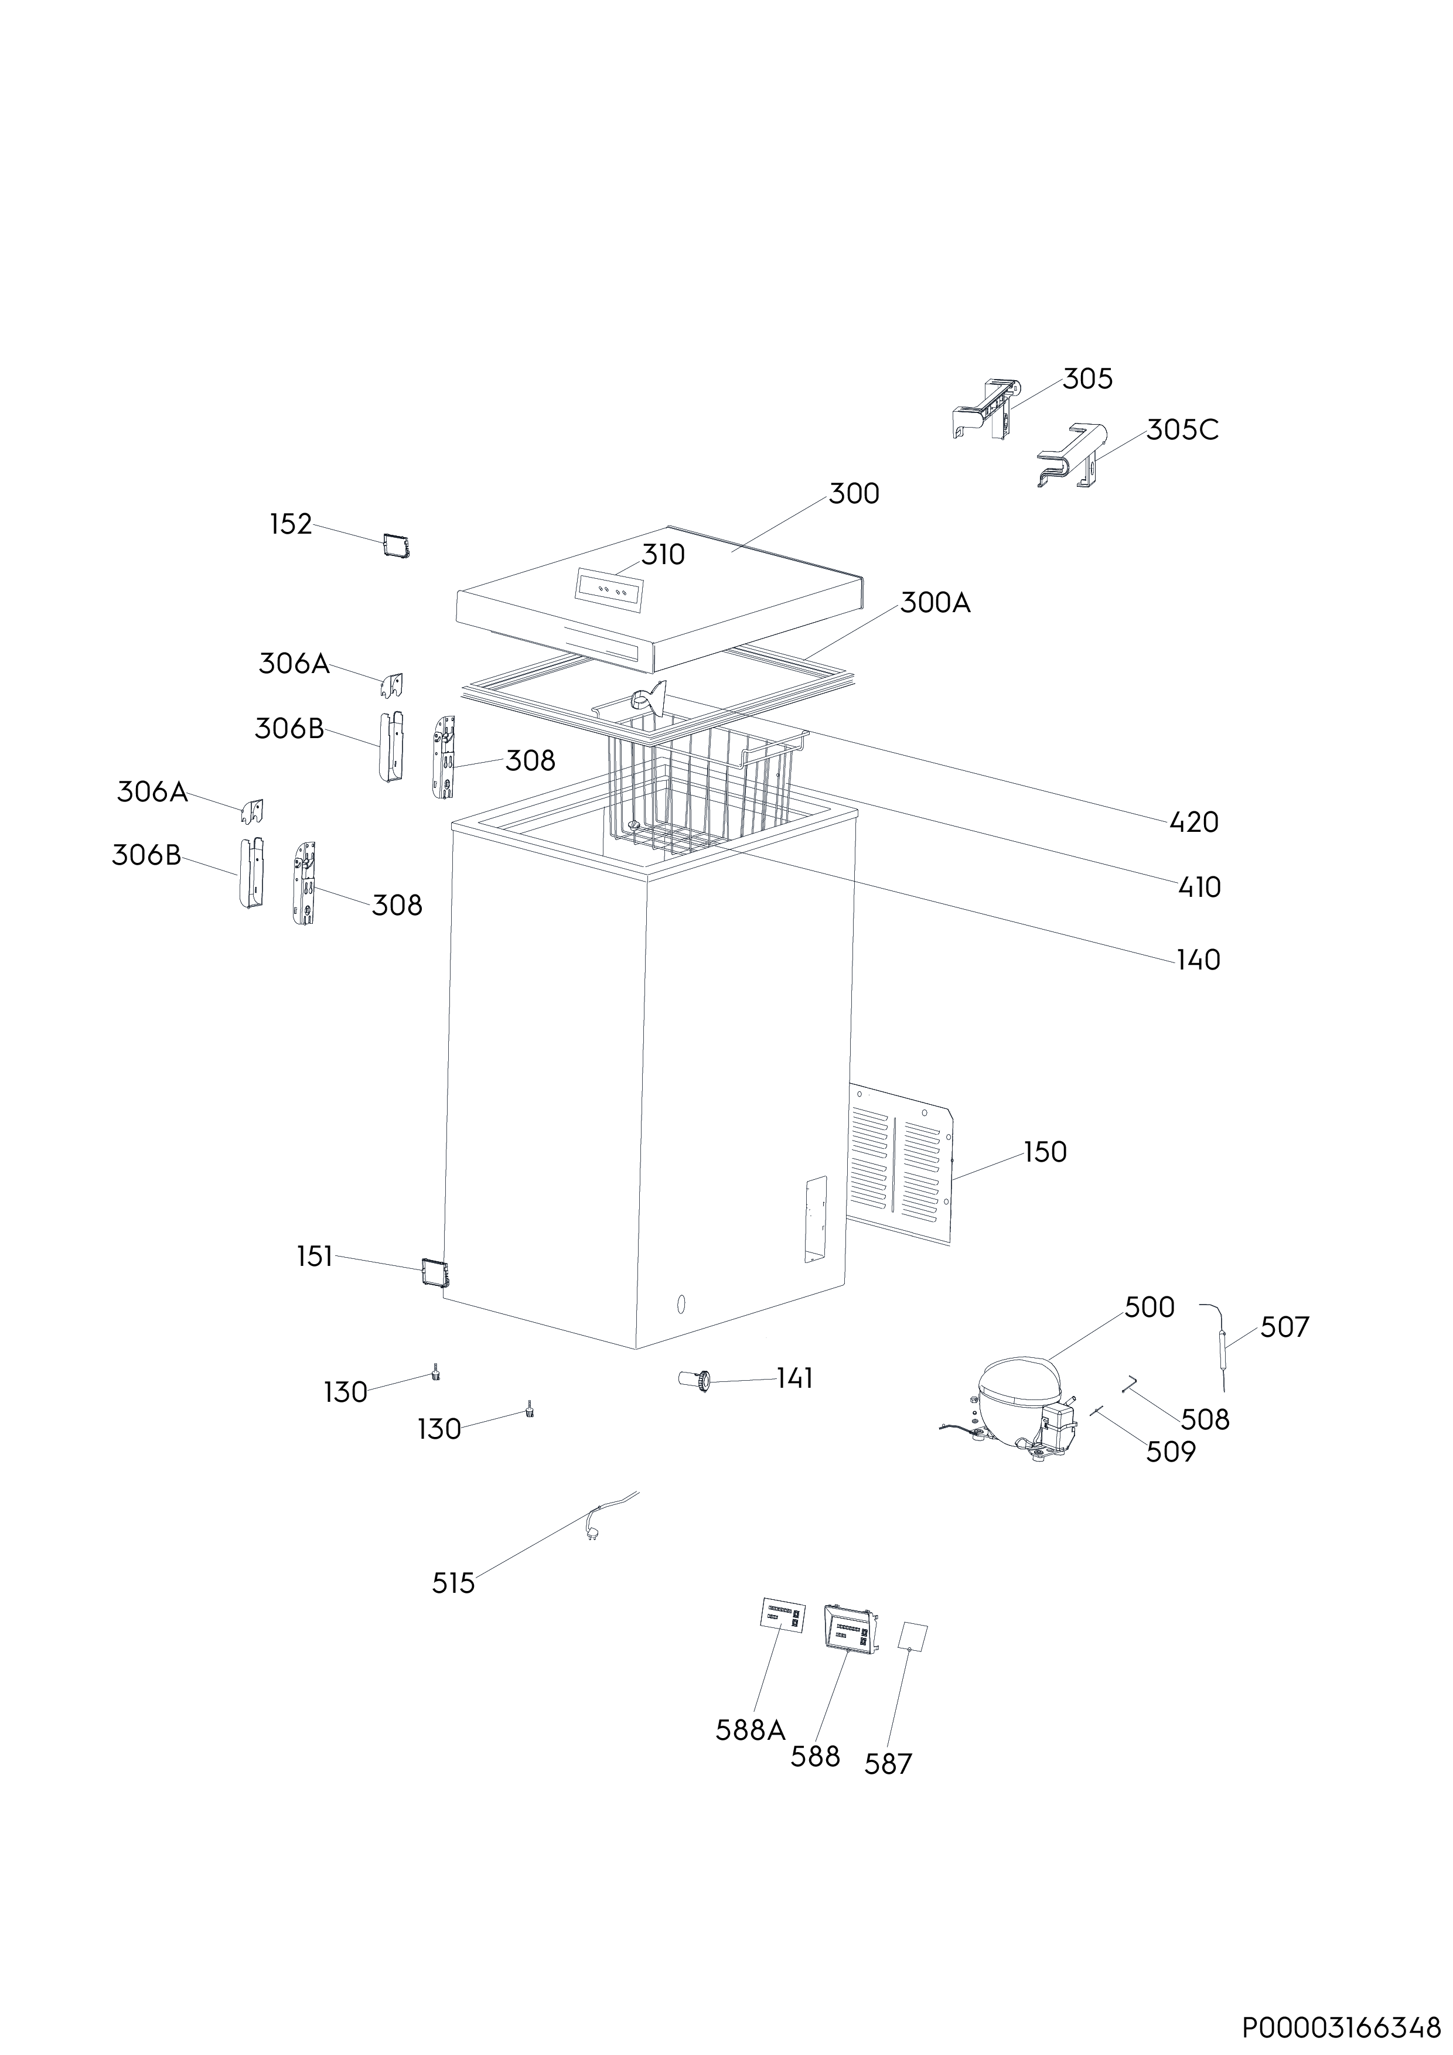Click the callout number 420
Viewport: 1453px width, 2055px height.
1193,822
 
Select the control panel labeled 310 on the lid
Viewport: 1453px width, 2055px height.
610,590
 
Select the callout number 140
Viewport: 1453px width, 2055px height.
1198,960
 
